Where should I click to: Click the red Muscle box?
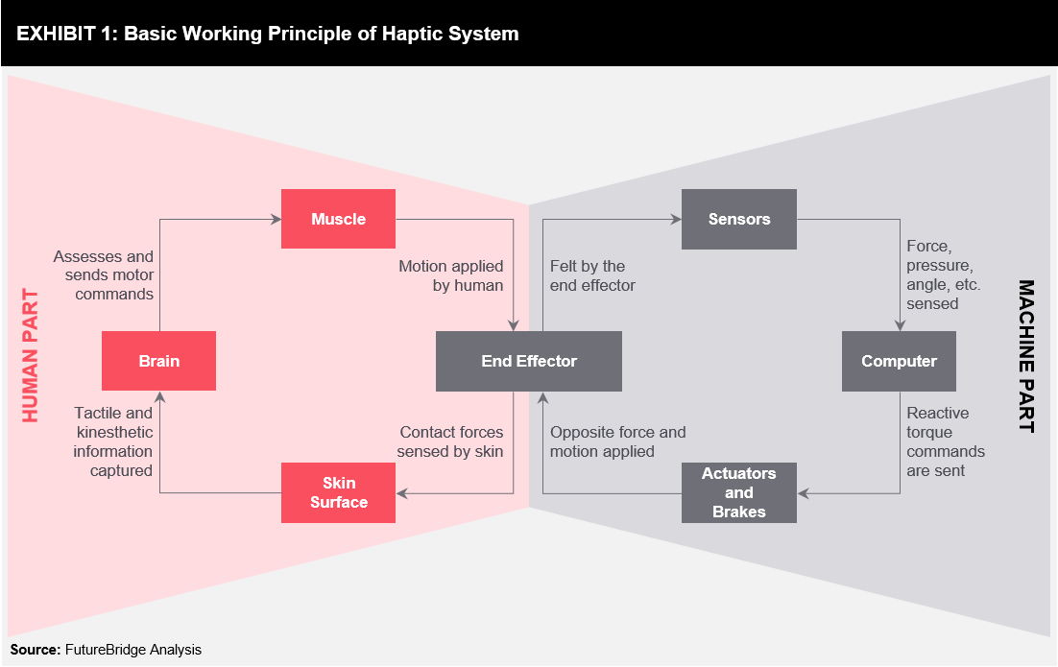(338, 219)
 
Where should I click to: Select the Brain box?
(158, 361)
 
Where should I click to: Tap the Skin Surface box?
(338, 492)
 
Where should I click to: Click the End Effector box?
(528, 361)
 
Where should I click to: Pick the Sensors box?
(739, 219)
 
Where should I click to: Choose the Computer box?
(899, 361)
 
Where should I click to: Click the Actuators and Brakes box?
(739, 492)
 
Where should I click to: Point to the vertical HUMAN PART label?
(31, 355)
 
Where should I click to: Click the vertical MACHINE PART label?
(1025, 356)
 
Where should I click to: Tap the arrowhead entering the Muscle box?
(276, 219)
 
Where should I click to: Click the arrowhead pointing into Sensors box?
(676, 219)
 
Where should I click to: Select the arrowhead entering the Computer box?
(900, 325)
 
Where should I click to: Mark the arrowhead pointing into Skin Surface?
(401, 493)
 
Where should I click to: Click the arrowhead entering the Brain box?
(160, 396)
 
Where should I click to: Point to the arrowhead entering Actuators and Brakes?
(803, 493)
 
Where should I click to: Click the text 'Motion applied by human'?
(450, 275)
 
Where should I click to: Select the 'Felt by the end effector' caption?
(592, 275)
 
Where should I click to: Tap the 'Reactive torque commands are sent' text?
(946, 441)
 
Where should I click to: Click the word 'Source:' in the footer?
(36, 650)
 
